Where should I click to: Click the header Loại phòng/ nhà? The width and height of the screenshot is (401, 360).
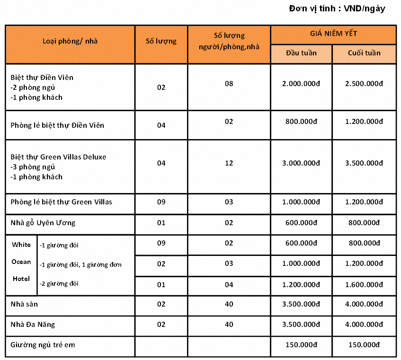pyautogui.click(x=70, y=41)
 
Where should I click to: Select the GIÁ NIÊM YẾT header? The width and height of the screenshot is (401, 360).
pyautogui.click(x=333, y=34)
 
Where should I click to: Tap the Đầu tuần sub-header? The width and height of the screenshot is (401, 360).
pyautogui.click(x=301, y=53)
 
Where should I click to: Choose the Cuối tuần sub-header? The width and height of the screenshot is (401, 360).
pyautogui.click(x=364, y=53)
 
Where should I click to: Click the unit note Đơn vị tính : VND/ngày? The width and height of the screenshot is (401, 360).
pyautogui.click(x=337, y=9)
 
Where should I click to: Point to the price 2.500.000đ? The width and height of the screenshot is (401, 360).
pyautogui.click(x=364, y=84)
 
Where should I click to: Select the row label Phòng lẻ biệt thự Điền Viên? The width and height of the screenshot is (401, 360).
pyautogui.click(x=57, y=125)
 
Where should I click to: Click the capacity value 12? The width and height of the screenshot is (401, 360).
pyautogui.click(x=229, y=163)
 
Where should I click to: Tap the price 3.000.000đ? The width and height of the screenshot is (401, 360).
pyautogui.click(x=301, y=163)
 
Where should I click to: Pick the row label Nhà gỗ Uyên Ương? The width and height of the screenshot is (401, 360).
pyautogui.click(x=43, y=222)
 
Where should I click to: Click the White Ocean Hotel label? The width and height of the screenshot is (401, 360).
pyautogui.click(x=21, y=262)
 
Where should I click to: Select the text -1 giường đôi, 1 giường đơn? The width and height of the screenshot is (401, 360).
pyautogui.click(x=80, y=264)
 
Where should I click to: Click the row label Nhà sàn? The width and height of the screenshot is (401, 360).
pyautogui.click(x=24, y=304)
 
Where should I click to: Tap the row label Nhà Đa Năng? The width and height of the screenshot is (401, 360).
pyautogui.click(x=33, y=325)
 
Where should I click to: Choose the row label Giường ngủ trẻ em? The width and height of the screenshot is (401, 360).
pyautogui.click(x=43, y=345)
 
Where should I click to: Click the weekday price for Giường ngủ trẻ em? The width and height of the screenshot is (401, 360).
pyautogui.click(x=301, y=345)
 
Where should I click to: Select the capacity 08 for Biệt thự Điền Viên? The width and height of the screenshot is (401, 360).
pyautogui.click(x=229, y=84)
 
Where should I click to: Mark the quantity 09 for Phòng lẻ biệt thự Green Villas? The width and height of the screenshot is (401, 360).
pyautogui.click(x=161, y=202)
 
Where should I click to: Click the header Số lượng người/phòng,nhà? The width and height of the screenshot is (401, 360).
pyautogui.click(x=229, y=41)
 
